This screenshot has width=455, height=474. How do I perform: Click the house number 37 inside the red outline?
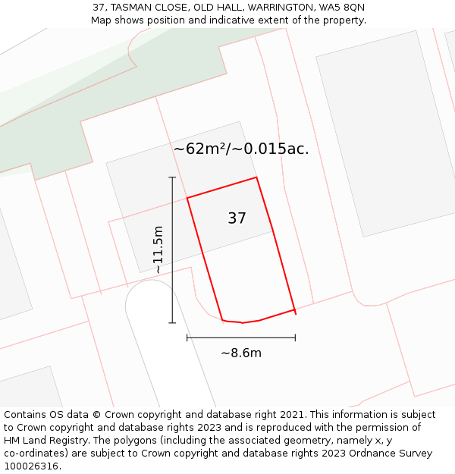pos(237,218)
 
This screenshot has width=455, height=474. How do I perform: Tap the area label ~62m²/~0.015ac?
pos(241,149)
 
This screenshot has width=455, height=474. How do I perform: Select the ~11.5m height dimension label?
pos(157,250)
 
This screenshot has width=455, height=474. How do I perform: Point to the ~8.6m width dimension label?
pos(241,353)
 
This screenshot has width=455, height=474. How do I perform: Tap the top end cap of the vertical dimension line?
pos(172,177)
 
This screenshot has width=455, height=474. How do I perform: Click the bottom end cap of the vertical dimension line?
pos(172,322)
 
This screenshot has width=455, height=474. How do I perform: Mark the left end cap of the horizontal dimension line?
pos(187,337)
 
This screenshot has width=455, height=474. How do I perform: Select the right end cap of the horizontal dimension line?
pos(295,337)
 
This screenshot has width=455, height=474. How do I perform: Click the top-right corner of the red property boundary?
pos(256,177)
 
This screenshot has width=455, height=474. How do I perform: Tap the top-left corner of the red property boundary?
pos(187,198)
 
